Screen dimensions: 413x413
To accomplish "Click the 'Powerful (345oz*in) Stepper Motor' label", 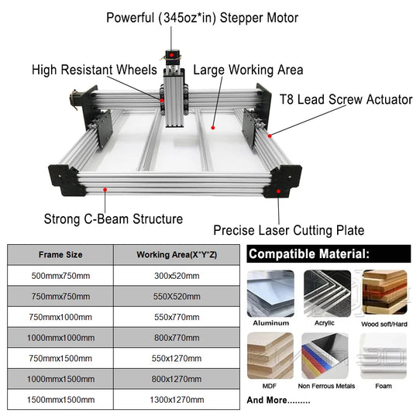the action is [x=202, y=18].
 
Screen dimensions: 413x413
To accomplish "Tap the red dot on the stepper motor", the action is [x=171, y=55].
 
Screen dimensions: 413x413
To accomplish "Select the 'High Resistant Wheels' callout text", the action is [x=95, y=70].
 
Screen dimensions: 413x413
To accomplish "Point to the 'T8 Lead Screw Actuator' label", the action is [x=346, y=99].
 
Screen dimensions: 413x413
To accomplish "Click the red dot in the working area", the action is [x=213, y=128].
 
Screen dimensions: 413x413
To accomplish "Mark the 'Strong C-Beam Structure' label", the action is [x=113, y=219].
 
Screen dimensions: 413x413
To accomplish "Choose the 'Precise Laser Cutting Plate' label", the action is [x=289, y=230].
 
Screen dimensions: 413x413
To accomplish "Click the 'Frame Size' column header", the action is [x=60, y=255].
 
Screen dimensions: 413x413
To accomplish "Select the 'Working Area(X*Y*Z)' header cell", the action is [x=177, y=255].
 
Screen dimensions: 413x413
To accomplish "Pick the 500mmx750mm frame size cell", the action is [x=60, y=276].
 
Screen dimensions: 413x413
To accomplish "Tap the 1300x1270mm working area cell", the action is [x=177, y=400].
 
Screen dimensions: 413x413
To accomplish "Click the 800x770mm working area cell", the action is [x=177, y=338].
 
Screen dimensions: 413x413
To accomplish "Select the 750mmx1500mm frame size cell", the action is [x=60, y=358].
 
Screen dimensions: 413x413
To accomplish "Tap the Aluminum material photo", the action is [x=270, y=294].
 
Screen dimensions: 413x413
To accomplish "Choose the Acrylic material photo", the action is [x=327, y=294].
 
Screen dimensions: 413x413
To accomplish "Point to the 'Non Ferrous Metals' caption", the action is [x=326, y=386].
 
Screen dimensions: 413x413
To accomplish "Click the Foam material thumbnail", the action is [x=384, y=356].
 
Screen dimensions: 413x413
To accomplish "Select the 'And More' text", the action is [x=278, y=400].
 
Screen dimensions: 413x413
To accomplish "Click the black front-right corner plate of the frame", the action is [x=283, y=181].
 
